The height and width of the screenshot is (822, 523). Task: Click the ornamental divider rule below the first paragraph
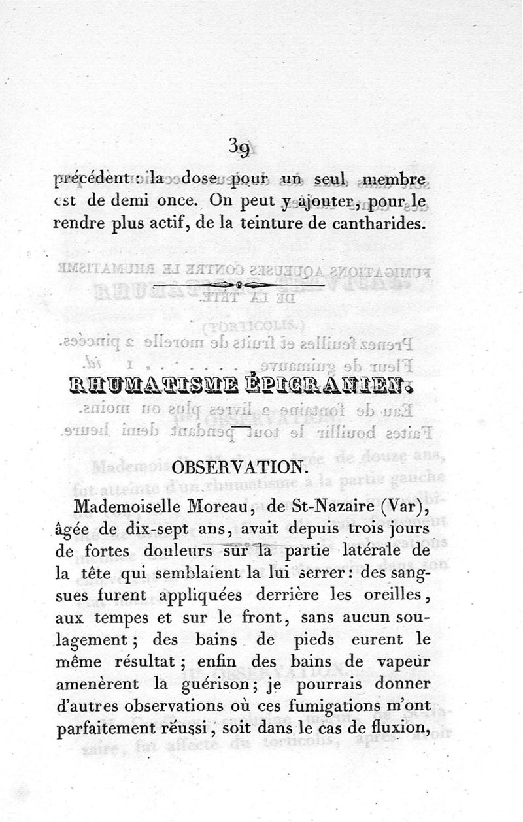(239, 285)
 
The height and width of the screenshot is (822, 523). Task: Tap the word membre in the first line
(395, 180)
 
